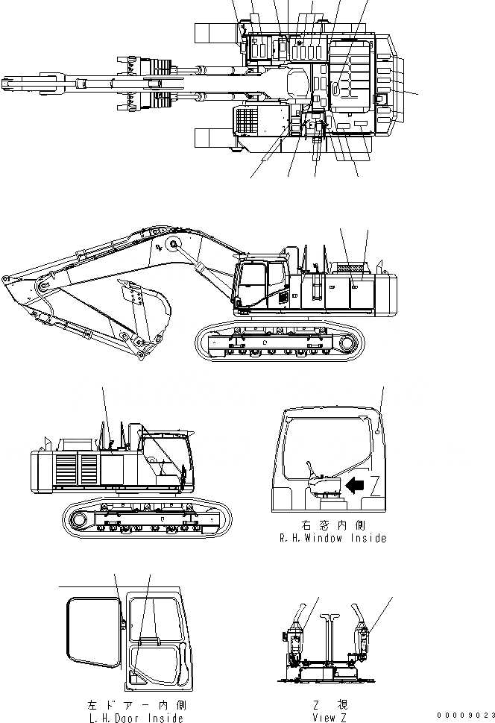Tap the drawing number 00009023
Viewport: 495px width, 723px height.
466,716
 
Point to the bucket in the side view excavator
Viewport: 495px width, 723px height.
142,306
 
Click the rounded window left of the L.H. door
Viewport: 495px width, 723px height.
94,633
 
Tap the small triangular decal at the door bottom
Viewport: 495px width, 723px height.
135,677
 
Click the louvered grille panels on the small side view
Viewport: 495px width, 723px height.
75,471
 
